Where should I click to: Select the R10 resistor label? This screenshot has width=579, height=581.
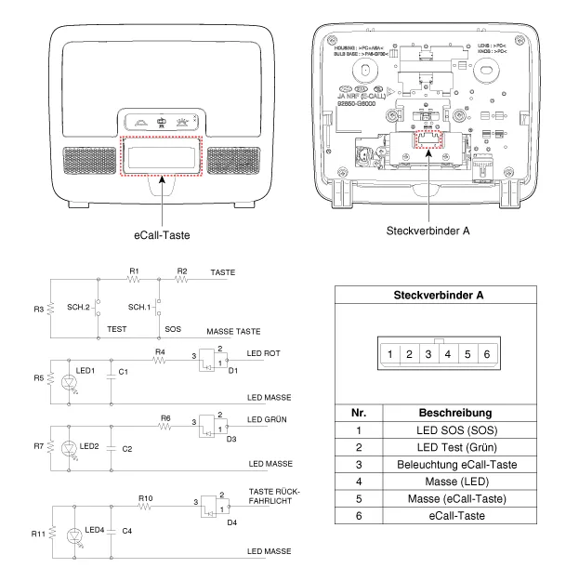145,498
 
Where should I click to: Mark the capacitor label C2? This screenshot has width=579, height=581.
127,448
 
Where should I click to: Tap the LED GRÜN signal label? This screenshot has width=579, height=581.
269,421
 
